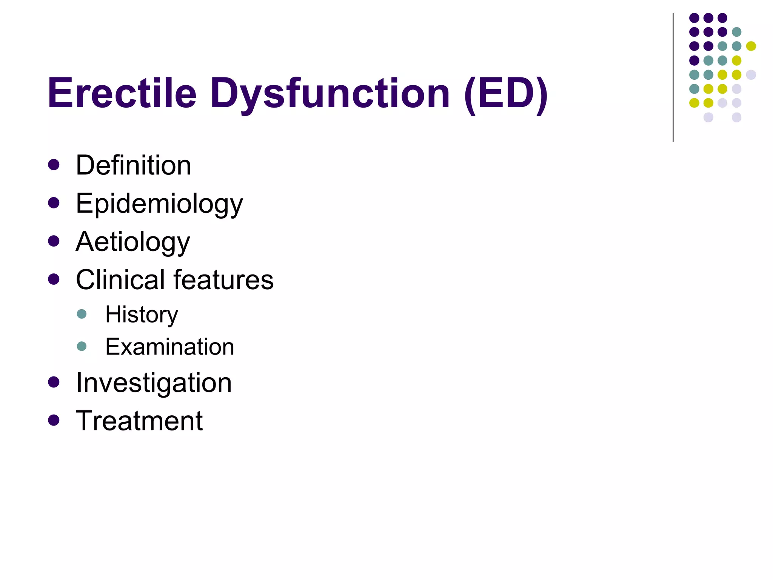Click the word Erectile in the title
coord(122,93)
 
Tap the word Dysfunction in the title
coord(330,93)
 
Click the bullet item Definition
coord(133,165)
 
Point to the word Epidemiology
coord(159,204)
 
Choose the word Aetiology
coord(133,242)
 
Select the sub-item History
coord(142,315)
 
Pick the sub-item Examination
coord(169,347)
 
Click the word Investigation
coord(154,383)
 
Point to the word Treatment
coord(139,421)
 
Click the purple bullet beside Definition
coord(54,165)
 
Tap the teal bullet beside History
coord(82,314)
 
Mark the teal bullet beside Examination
coord(82,346)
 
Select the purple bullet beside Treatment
coord(54,420)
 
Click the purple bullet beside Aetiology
coord(54,241)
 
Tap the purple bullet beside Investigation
coord(54,382)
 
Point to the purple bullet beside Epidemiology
coord(54,203)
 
